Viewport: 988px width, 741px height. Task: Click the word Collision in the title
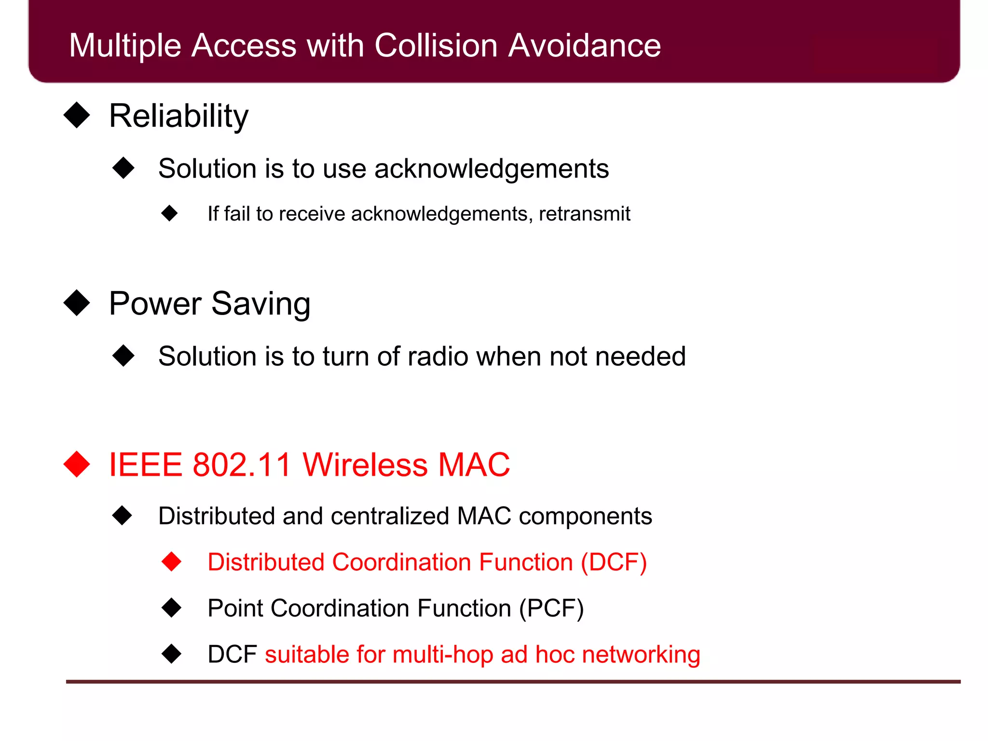pyautogui.click(x=435, y=46)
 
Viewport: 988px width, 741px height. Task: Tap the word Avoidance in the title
pyautogui.click(x=584, y=46)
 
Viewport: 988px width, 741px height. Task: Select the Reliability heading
pyautogui.click(x=178, y=116)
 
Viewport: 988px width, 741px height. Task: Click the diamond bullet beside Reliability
pyautogui.click(x=77, y=115)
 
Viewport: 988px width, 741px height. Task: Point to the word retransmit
pyautogui.click(x=584, y=214)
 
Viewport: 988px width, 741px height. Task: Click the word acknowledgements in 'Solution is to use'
pyautogui.click(x=491, y=169)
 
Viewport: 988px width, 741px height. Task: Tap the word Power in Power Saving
pyautogui.click(x=155, y=304)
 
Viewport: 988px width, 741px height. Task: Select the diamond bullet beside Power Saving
pyautogui.click(x=77, y=303)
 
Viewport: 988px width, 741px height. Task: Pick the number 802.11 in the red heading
pyautogui.click(x=242, y=465)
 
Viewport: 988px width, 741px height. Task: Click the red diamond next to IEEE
pyautogui.click(x=77, y=464)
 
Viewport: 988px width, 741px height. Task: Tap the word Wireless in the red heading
pyautogui.click(x=365, y=465)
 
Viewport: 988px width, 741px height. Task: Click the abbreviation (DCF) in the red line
pyautogui.click(x=614, y=563)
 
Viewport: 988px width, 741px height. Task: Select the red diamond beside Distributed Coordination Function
pyautogui.click(x=171, y=562)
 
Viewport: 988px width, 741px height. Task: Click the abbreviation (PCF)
pyautogui.click(x=551, y=608)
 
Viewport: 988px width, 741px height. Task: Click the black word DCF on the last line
pyautogui.click(x=232, y=655)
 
